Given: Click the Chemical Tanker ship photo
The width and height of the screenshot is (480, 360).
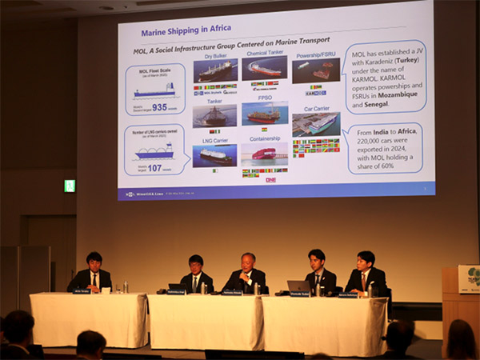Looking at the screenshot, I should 265,68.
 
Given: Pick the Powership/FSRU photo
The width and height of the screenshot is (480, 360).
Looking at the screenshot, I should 315,70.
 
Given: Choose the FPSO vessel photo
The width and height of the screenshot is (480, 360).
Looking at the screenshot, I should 265,113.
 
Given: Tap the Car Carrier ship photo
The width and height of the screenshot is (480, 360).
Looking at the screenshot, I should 315,124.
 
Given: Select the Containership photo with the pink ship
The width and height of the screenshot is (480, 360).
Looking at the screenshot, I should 265,154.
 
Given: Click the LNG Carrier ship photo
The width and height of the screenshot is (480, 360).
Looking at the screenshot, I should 214,155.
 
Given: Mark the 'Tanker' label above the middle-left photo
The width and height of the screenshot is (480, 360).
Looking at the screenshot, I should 214,102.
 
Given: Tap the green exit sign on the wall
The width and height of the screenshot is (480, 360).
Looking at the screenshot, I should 70,186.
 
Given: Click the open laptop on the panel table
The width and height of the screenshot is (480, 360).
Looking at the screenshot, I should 298,286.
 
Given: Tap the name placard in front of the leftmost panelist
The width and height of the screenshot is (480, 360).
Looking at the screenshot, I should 82,291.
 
